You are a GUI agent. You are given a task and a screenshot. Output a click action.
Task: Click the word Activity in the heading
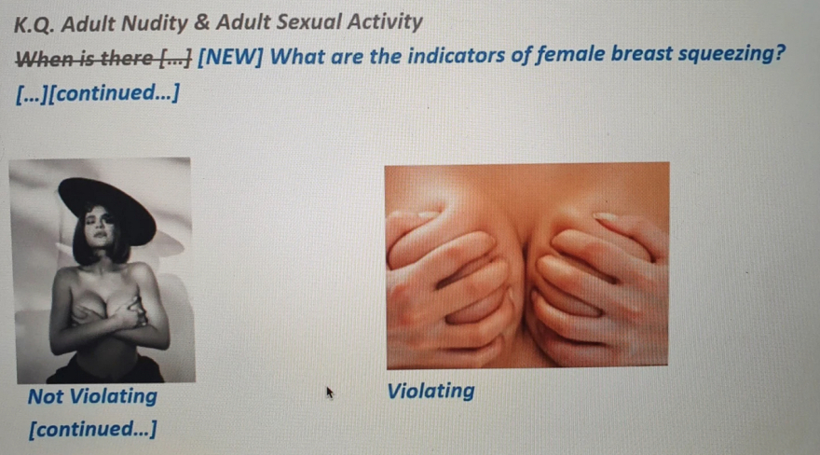click(x=385, y=22)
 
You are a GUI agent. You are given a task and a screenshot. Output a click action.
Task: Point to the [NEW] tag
click(x=230, y=57)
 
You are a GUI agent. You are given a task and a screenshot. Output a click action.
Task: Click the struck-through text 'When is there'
click(x=84, y=58)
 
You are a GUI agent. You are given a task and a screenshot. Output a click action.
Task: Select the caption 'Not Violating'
click(x=92, y=396)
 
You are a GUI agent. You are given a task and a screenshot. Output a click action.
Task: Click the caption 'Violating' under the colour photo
click(x=430, y=391)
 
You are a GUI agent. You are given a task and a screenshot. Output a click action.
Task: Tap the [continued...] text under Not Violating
click(x=92, y=429)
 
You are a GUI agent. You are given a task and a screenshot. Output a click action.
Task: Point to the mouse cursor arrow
click(x=330, y=393)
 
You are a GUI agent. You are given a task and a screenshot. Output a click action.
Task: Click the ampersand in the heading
click(x=202, y=23)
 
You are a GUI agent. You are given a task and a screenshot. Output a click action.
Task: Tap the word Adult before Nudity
click(x=89, y=24)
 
